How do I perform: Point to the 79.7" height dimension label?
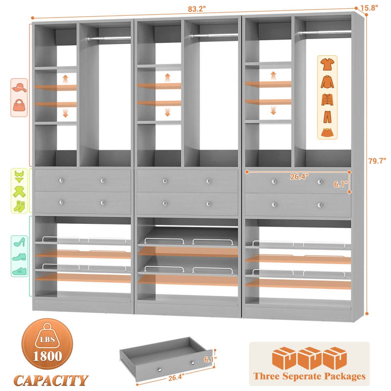tap(378, 162)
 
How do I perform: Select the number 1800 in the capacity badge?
tap(47, 355)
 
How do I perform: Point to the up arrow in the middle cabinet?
tap(167, 78)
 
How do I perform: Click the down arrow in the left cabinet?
tap(65, 113)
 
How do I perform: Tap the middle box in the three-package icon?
tap(309, 357)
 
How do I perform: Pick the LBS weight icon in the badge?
tap(47, 338)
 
